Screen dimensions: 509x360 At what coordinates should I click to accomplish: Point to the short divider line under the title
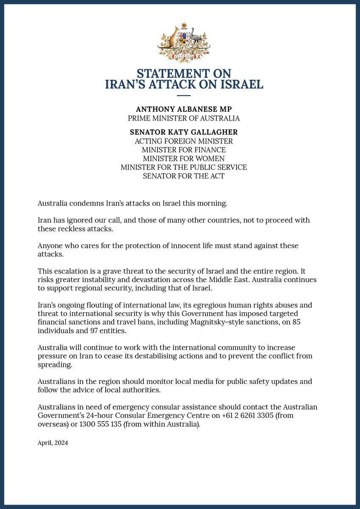click(x=184, y=96)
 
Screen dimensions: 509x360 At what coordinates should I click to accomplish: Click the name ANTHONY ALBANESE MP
click(x=184, y=109)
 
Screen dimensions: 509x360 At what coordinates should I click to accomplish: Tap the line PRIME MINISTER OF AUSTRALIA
click(x=184, y=118)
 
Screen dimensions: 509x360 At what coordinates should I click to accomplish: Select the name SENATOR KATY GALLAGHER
click(x=184, y=132)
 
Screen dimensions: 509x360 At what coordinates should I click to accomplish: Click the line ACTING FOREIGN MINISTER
click(x=184, y=141)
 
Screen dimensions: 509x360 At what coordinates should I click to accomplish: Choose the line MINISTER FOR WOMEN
click(x=184, y=159)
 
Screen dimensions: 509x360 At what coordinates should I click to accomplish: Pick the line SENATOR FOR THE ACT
click(x=184, y=176)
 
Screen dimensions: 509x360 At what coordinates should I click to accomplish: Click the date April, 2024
click(x=53, y=443)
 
